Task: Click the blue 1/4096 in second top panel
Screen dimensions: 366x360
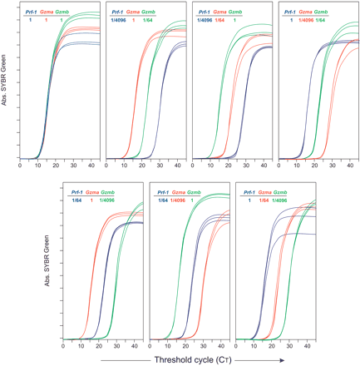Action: [x=117, y=19]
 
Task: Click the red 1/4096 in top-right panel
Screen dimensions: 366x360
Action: [x=308, y=19]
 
